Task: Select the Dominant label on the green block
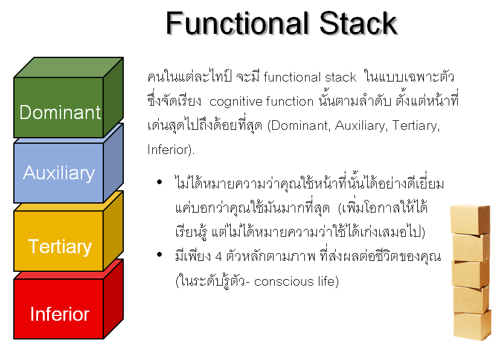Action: coord(60,112)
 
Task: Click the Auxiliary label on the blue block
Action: coord(59,173)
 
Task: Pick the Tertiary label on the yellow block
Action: coord(60,247)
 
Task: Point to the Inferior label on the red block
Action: coord(60,314)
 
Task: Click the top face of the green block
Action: coord(69,67)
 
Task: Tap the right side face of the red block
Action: coord(114,299)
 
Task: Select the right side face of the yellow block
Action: coord(114,231)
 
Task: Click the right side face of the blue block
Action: coord(114,162)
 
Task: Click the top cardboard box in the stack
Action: coord(470,219)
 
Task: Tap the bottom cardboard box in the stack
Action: coord(472,325)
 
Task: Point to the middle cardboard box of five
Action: coord(470,274)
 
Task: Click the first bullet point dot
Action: coord(159,182)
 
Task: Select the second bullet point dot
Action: coord(159,254)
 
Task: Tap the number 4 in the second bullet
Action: coord(219,257)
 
